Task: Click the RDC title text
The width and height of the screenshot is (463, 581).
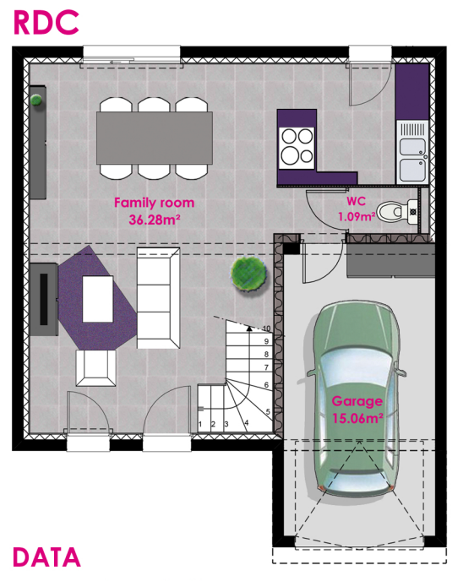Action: pyautogui.click(x=46, y=22)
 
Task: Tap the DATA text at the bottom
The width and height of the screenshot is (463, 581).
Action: pyautogui.click(x=47, y=557)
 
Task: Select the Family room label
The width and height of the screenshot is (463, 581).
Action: pyautogui.click(x=154, y=203)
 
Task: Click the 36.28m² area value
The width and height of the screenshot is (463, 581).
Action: pyautogui.click(x=154, y=220)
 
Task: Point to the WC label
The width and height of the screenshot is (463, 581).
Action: pyautogui.click(x=356, y=203)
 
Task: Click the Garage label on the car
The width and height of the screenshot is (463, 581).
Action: pyautogui.click(x=357, y=401)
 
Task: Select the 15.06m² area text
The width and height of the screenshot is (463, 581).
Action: pyautogui.click(x=357, y=416)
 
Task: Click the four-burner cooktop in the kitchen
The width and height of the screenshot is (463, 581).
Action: pyautogui.click(x=296, y=145)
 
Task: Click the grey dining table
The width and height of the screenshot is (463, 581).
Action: pyautogui.click(x=154, y=138)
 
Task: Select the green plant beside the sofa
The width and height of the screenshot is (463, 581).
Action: pyautogui.click(x=249, y=274)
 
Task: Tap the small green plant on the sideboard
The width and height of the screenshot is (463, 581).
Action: pyautogui.click(x=36, y=101)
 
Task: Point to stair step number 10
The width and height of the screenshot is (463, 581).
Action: pyautogui.click(x=266, y=328)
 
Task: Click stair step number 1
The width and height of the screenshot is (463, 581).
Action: pyautogui.click(x=200, y=423)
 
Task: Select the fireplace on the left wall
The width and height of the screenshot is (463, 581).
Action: pyautogui.click(x=44, y=298)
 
